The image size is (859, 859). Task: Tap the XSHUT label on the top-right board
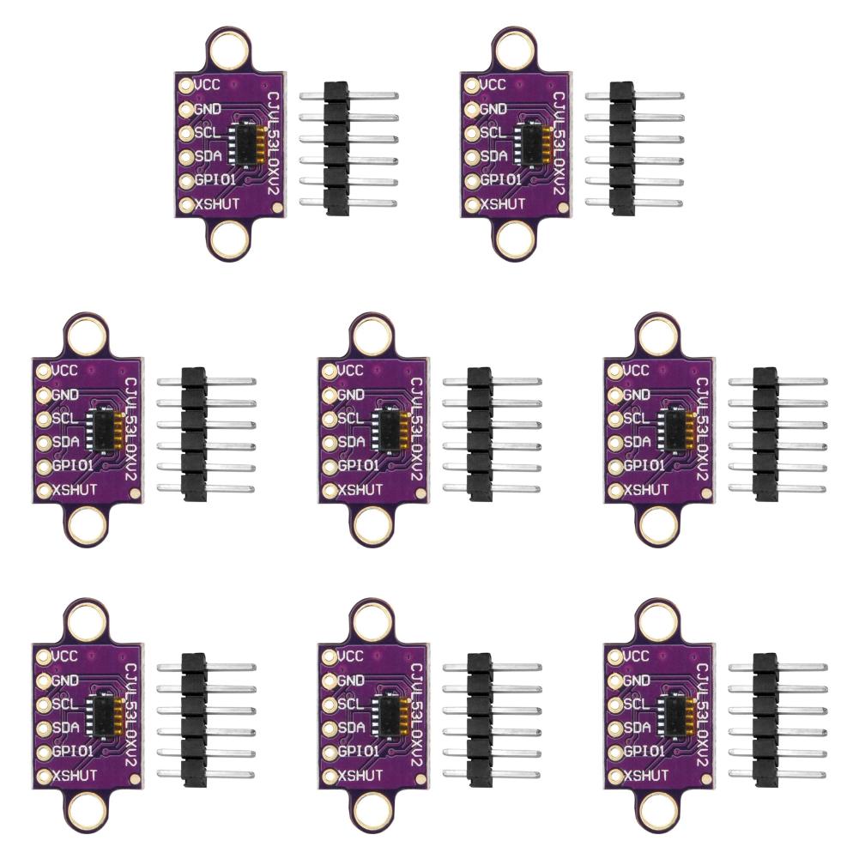(x=502, y=203)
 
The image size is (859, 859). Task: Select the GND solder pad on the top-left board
(x=186, y=109)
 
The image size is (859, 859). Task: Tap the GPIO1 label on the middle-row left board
(x=73, y=466)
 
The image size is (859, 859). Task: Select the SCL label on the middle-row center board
(x=350, y=419)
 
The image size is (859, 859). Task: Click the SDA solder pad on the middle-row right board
(x=614, y=443)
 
